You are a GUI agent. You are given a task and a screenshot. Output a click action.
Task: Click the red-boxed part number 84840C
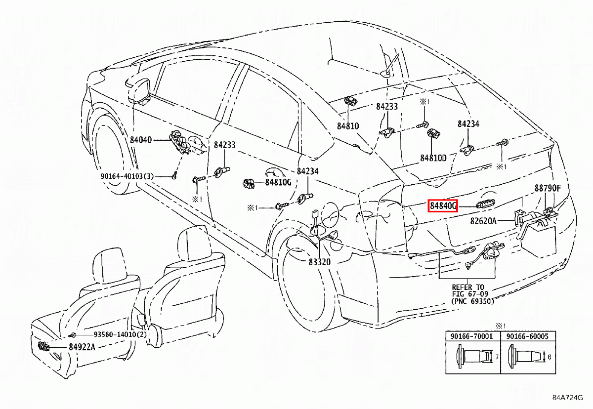coord(443,205)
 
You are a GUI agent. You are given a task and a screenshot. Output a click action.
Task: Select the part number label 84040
coord(141,140)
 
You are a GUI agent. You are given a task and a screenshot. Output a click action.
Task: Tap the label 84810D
coord(433,158)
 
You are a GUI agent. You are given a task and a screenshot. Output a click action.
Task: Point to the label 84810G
coord(278,182)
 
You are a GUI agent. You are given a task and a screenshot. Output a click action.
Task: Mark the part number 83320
coord(320,262)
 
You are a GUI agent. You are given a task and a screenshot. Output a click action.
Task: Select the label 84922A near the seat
coord(82,347)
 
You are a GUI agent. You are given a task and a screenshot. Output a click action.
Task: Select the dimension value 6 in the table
coord(549,357)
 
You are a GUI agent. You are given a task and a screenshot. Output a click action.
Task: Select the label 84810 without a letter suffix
coord(348,126)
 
